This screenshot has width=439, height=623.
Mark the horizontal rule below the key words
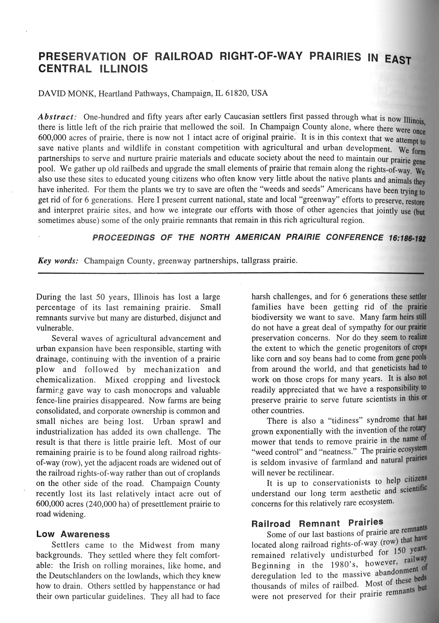click(230, 273)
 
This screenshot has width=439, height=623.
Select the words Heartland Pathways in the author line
click(133, 93)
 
